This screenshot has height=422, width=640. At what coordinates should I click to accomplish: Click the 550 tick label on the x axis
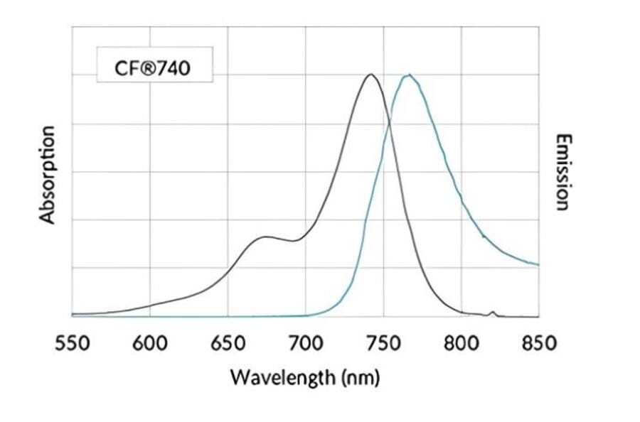click(72, 344)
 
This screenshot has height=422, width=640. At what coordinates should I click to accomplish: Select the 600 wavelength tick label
click(150, 344)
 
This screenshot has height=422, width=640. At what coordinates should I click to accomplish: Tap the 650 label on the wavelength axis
click(228, 344)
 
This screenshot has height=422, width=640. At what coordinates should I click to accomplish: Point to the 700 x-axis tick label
click(306, 344)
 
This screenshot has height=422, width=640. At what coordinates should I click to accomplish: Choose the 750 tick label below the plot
click(383, 344)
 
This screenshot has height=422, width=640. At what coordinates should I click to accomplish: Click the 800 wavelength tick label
click(462, 344)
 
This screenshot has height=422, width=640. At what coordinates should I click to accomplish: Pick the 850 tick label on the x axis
click(538, 344)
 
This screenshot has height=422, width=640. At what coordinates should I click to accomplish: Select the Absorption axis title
click(47, 175)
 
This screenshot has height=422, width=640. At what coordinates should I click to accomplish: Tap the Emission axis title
click(562, 172)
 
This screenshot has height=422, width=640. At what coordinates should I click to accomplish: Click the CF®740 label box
click(152, 68)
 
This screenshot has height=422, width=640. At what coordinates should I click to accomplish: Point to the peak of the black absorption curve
click(370, 75)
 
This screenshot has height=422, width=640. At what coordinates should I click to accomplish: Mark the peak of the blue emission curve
click(408, 75)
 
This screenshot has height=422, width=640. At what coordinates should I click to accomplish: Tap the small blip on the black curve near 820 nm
click(492, 312)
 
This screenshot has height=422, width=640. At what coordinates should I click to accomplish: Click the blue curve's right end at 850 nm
click(538, 264)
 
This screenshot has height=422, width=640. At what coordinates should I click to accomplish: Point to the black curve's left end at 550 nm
click(73, 314)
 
